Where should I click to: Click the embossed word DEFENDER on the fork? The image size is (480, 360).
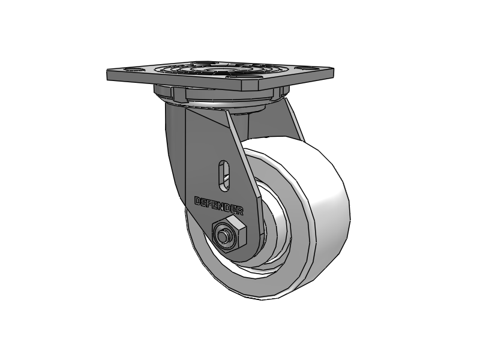point(219,206)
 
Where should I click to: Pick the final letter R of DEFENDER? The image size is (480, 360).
point(240,211)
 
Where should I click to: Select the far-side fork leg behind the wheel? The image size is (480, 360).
point(294,120)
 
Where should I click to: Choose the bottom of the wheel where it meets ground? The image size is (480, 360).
point(264,298)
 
